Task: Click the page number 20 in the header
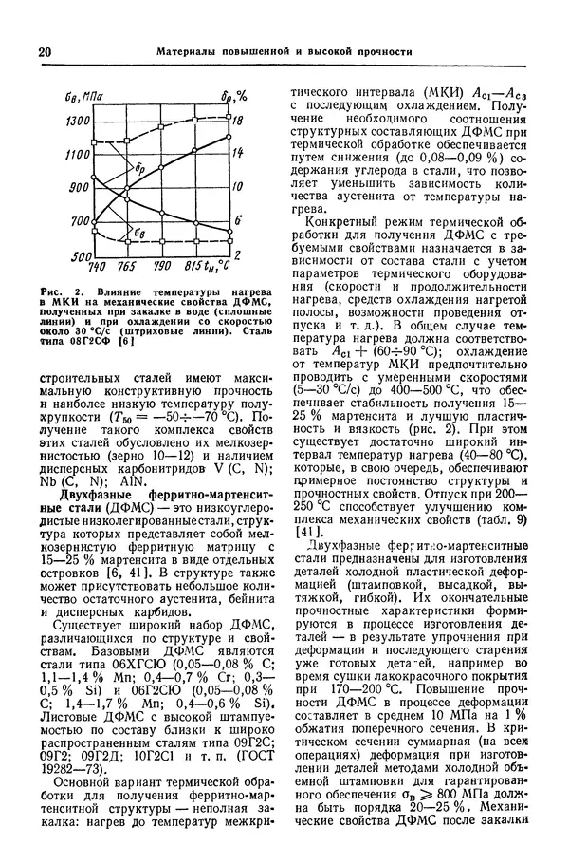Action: coord(45,52)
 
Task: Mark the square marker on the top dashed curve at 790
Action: coord(161,133)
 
